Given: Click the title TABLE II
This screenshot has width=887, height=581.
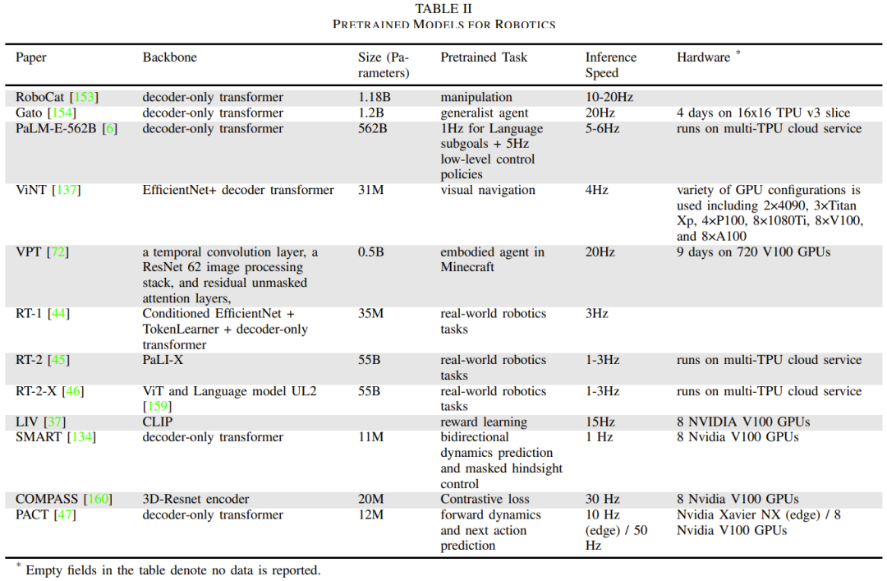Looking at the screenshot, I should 443,9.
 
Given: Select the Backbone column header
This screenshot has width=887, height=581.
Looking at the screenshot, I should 169,58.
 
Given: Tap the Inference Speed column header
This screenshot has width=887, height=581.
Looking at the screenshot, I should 610,65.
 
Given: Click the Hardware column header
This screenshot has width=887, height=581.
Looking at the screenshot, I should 704,58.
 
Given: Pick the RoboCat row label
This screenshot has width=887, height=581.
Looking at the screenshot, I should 39,97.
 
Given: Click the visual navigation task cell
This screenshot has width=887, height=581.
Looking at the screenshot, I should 488,190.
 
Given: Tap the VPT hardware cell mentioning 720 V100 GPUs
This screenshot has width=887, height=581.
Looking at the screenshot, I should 753,251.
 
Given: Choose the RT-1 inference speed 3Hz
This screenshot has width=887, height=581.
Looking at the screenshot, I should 596,313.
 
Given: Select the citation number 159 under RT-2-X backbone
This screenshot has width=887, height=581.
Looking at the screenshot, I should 157,407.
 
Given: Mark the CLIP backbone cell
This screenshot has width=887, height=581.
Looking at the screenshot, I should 159,422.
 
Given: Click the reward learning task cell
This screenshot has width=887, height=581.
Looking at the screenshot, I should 484,422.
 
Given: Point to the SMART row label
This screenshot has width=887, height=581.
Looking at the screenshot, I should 39,437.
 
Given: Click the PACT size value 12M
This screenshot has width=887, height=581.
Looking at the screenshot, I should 371,514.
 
